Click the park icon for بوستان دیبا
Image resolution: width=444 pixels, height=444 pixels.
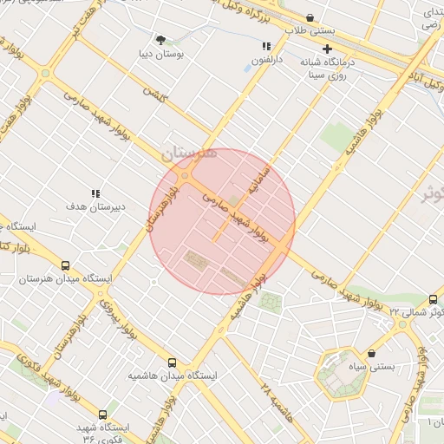(160, 39)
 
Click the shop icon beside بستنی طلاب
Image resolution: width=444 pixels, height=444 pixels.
(310, 17)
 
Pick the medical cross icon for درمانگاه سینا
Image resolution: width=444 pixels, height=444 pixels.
(327, 49)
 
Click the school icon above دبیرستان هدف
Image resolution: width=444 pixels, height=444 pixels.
(96, 193)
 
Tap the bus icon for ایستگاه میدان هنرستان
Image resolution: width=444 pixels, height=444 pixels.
(66, 265)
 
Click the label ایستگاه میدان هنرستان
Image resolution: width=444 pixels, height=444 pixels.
(66, 279)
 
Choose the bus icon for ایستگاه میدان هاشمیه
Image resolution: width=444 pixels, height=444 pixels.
(171, 362)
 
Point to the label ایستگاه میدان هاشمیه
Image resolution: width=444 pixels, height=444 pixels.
(171, 376)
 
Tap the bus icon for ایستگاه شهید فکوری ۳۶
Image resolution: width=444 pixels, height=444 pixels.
(103, 415)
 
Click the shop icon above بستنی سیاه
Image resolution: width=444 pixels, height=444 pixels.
(371, 353)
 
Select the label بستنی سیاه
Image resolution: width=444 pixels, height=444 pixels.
(394, 367)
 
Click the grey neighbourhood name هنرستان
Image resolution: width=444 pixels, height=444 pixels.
(186, 152)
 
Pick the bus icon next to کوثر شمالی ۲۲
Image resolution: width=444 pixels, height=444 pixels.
(433, 298)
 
